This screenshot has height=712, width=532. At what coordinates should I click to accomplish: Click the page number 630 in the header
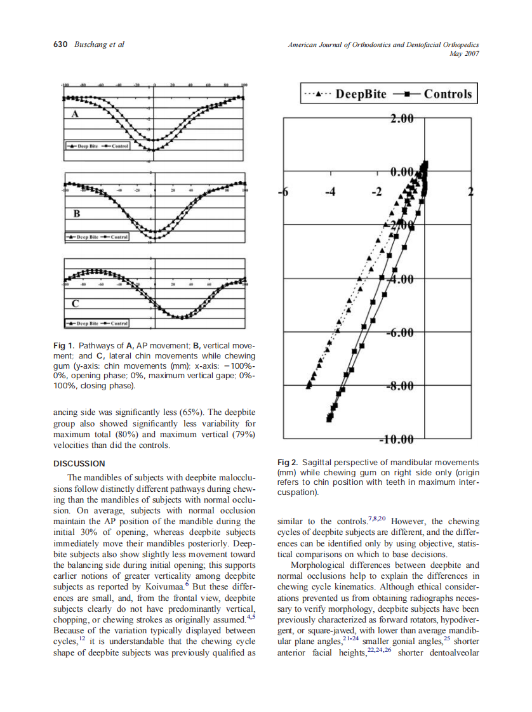click(61, 44)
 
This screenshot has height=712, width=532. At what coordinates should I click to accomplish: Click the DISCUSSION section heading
click(79, 464)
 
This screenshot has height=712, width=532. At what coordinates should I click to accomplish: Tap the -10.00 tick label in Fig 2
click(396, 440)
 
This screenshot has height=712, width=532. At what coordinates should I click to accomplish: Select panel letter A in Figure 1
click(74, 114)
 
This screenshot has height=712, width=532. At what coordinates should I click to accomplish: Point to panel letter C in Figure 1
click(75, 304)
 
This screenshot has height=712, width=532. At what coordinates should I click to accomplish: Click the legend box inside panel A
click(97, 146)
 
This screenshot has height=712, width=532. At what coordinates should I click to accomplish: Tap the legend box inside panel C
click(97, 323)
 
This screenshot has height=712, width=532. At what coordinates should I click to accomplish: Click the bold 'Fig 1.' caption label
click(65, 346)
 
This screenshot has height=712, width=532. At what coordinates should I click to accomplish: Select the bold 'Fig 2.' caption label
click(289, 463)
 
